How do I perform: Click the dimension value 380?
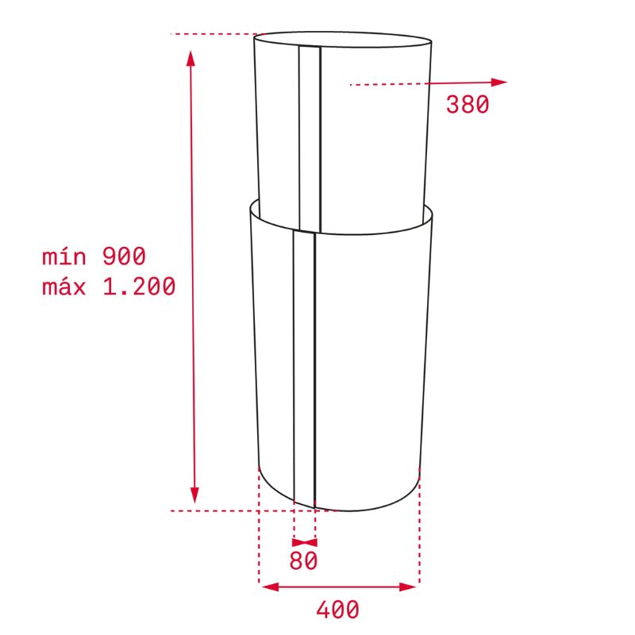(468, 104)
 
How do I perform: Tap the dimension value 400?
(337, 610)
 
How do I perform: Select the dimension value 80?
(303, 560)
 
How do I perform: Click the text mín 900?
(94, 256)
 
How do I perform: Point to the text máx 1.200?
(109, 287)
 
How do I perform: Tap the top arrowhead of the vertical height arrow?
(190, 57)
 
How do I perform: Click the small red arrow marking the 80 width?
(305, 539)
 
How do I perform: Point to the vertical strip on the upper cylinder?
(310, 135)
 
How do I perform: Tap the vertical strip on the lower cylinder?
(304, 365)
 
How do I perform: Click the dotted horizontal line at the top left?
(214, 34)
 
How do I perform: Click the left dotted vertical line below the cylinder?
(260, 540)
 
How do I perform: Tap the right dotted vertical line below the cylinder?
(419, 540)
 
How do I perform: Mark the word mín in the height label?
(62, 256)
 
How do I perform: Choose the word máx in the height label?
(63, 287)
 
